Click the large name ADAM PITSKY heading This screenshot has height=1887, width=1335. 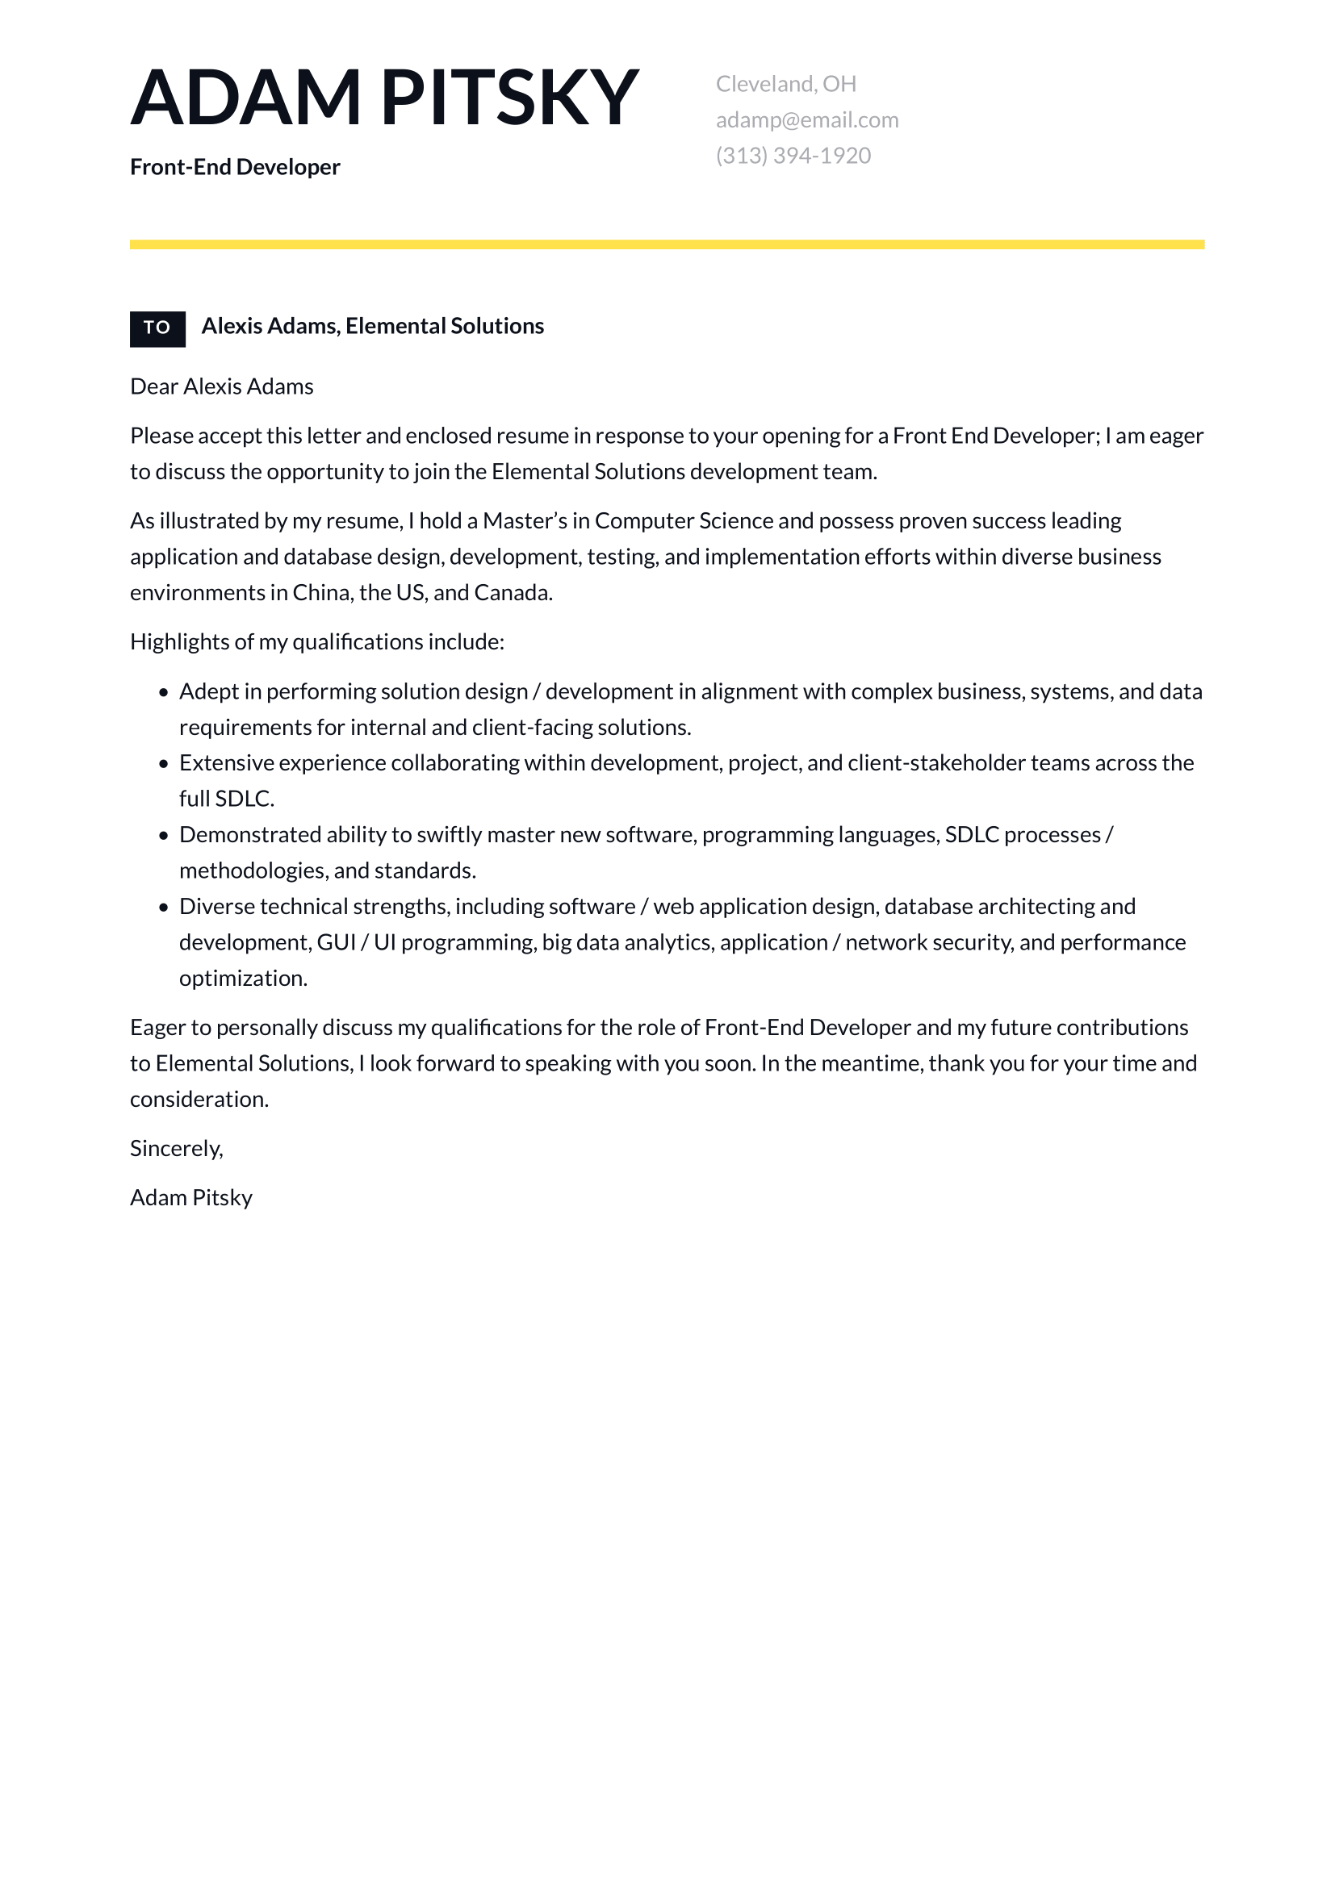coord(384,98)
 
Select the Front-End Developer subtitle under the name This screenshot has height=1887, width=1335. coord(234,167)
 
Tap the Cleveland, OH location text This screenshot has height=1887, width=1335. coord(785,84)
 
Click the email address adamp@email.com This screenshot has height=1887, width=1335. coord(806,120)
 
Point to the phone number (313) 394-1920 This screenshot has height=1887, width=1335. coord(793,156)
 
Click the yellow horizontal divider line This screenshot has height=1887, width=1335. coord(667,244)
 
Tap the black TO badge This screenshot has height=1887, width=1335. coord(157,328)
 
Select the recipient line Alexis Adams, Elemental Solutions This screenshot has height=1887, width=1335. coord(372,326)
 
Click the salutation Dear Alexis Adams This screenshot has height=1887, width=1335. coord(221,386)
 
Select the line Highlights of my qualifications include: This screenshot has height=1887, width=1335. coord(316,642)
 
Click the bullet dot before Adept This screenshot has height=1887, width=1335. coord(164,693)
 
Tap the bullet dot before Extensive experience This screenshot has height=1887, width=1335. coord(164,764)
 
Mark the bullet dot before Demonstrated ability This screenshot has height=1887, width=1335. coord(164,836)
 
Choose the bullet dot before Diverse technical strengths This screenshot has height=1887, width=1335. coord(164,908)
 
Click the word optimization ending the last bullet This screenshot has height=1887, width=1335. coord(242,979)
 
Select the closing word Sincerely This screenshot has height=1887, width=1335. coord(176,1149)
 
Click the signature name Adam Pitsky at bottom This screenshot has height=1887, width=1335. coord(190,1198)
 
